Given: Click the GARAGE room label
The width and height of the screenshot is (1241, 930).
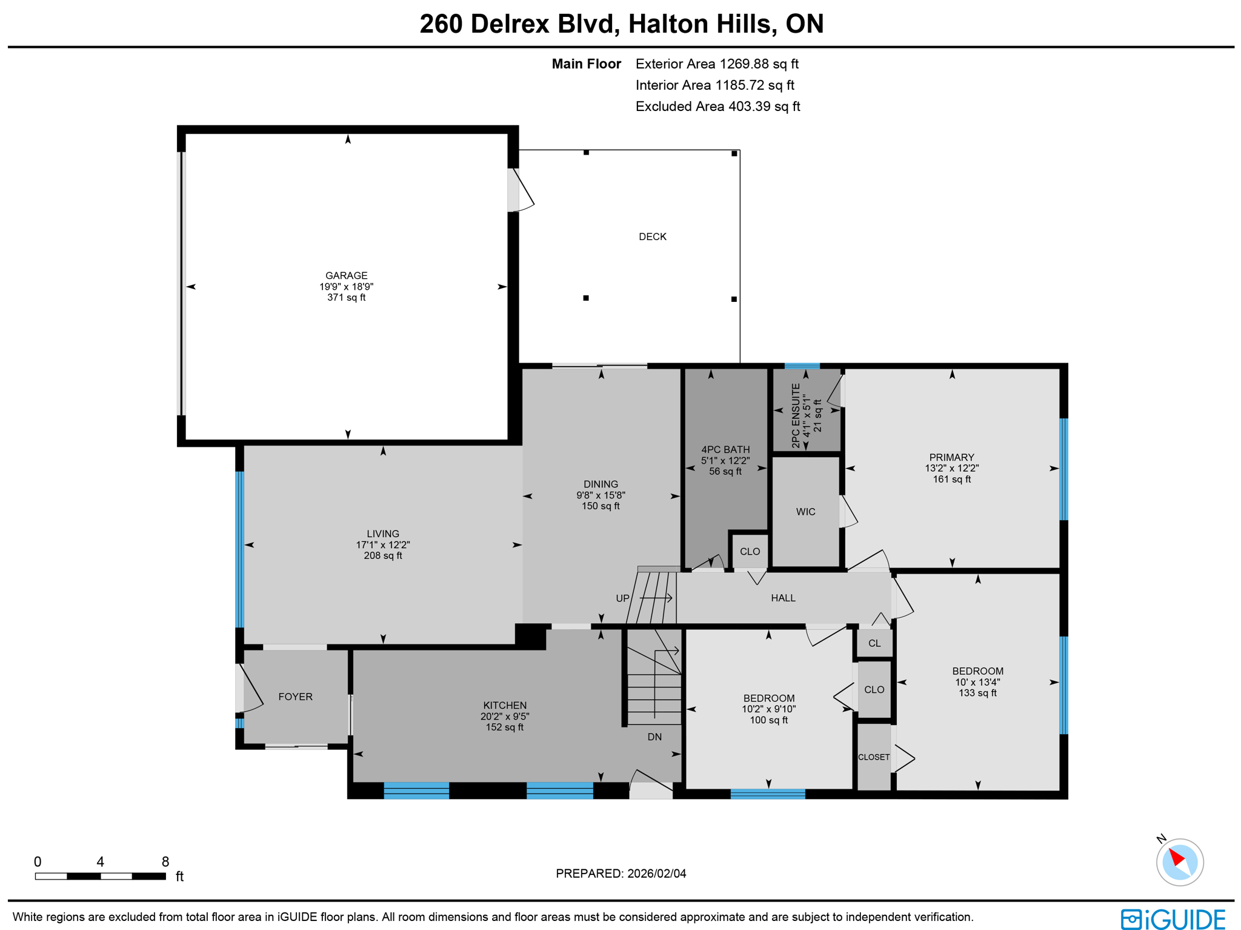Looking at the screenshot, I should tap(346, 275).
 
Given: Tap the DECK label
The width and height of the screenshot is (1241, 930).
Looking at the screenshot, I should tap(652, 236).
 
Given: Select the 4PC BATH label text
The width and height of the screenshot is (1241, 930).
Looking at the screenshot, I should tap(725, 449).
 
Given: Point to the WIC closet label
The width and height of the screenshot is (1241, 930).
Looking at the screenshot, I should tap(805, 512).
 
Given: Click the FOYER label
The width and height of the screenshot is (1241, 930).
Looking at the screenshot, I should tap(295, 697).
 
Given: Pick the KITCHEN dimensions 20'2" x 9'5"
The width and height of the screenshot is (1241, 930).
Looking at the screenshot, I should tap(504, 716).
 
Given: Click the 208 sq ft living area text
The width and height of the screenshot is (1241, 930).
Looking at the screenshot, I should tap(382, 555).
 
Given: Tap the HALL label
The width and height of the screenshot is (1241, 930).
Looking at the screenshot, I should tap(782, 598).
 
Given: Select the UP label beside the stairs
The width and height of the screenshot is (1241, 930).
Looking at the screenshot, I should tap(622, 598).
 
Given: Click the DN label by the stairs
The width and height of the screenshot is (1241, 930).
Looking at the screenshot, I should tap(654, 737).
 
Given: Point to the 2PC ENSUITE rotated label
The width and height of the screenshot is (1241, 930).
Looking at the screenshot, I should tap(796, 415).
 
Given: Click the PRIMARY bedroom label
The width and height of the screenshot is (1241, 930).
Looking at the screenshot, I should tap(951, 457).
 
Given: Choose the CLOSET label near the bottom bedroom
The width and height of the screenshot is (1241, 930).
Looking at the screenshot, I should tap(873, 757).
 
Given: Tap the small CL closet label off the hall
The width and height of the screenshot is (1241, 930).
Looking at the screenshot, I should tap(873, 643).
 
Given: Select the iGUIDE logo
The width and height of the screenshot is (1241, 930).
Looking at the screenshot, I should tap(1172, 918).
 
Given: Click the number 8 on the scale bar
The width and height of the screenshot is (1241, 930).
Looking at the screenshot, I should tap(165, 861).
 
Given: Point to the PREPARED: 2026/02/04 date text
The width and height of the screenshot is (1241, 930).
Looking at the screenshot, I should tap(620, 873).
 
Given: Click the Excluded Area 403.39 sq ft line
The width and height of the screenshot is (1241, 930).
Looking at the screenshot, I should tap(717, 107).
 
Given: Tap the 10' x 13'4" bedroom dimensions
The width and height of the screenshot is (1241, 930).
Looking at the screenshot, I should tap(977, 682).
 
